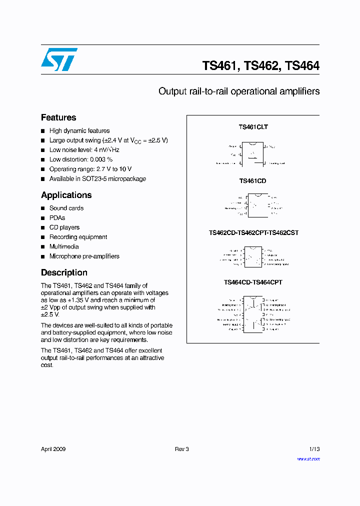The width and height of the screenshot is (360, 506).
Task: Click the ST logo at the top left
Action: coord(59,59)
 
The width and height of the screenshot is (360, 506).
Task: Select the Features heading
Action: coord(58,117)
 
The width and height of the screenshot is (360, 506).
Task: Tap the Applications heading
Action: coord(66,195)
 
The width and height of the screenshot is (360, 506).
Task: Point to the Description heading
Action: coord(64,272)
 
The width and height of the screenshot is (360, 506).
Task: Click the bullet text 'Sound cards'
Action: coord(66,208)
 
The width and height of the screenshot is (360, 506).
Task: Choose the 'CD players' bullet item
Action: coord(64,227)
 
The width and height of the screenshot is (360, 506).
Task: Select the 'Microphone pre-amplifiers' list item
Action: coord(84,256)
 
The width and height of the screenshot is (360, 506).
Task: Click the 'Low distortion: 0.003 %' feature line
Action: coord(80,159)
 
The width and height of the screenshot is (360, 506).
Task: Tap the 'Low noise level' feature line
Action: coord(84,150)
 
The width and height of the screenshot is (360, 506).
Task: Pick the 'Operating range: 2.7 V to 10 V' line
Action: coord(90,169)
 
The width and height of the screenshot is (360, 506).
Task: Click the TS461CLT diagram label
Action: coord(253,127)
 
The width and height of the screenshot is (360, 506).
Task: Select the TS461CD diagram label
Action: coord(252,180)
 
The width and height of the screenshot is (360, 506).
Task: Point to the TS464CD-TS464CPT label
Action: coord(253,282)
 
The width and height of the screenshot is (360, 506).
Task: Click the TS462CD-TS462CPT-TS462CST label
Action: coord(253,233)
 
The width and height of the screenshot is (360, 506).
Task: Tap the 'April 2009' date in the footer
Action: coord(53,449)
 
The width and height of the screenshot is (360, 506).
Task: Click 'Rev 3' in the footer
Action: coord(181,449)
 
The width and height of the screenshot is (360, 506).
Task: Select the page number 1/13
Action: coord(313,449)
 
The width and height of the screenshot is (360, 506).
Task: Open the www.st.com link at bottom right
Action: coord(308,458)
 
